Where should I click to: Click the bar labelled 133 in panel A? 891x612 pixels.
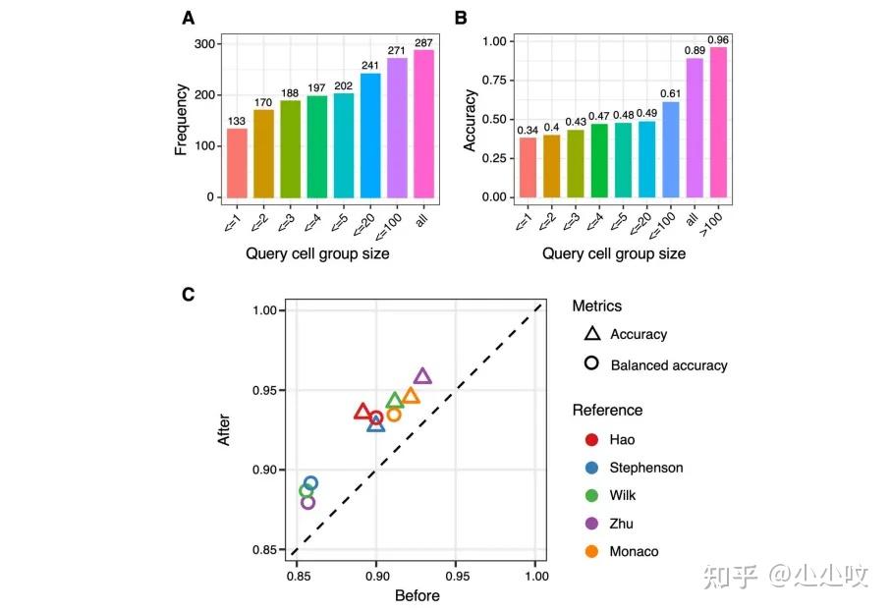coord(237,163)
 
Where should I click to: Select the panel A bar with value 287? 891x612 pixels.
coord(423,124)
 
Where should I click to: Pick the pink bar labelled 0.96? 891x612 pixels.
coord(719,122)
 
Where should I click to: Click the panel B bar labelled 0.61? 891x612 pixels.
coord(670,149)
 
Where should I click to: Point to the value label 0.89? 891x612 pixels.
coord(695,49)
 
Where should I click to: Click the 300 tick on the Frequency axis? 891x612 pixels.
coord(204,44)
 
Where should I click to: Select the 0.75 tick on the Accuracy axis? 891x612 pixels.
coord(496,81)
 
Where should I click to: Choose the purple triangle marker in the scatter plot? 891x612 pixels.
coord(422,375)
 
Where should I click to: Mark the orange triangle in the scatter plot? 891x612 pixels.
coord(411,396)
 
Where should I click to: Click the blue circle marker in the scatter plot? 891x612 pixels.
coord(310,483)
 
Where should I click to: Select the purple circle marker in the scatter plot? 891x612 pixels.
coord(307,502)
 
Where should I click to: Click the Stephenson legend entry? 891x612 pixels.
coord(645,468)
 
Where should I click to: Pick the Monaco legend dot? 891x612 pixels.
coord(591,551)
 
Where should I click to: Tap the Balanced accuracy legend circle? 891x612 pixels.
coord(591,364)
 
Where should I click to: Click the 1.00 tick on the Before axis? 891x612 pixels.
coord(535,576)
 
